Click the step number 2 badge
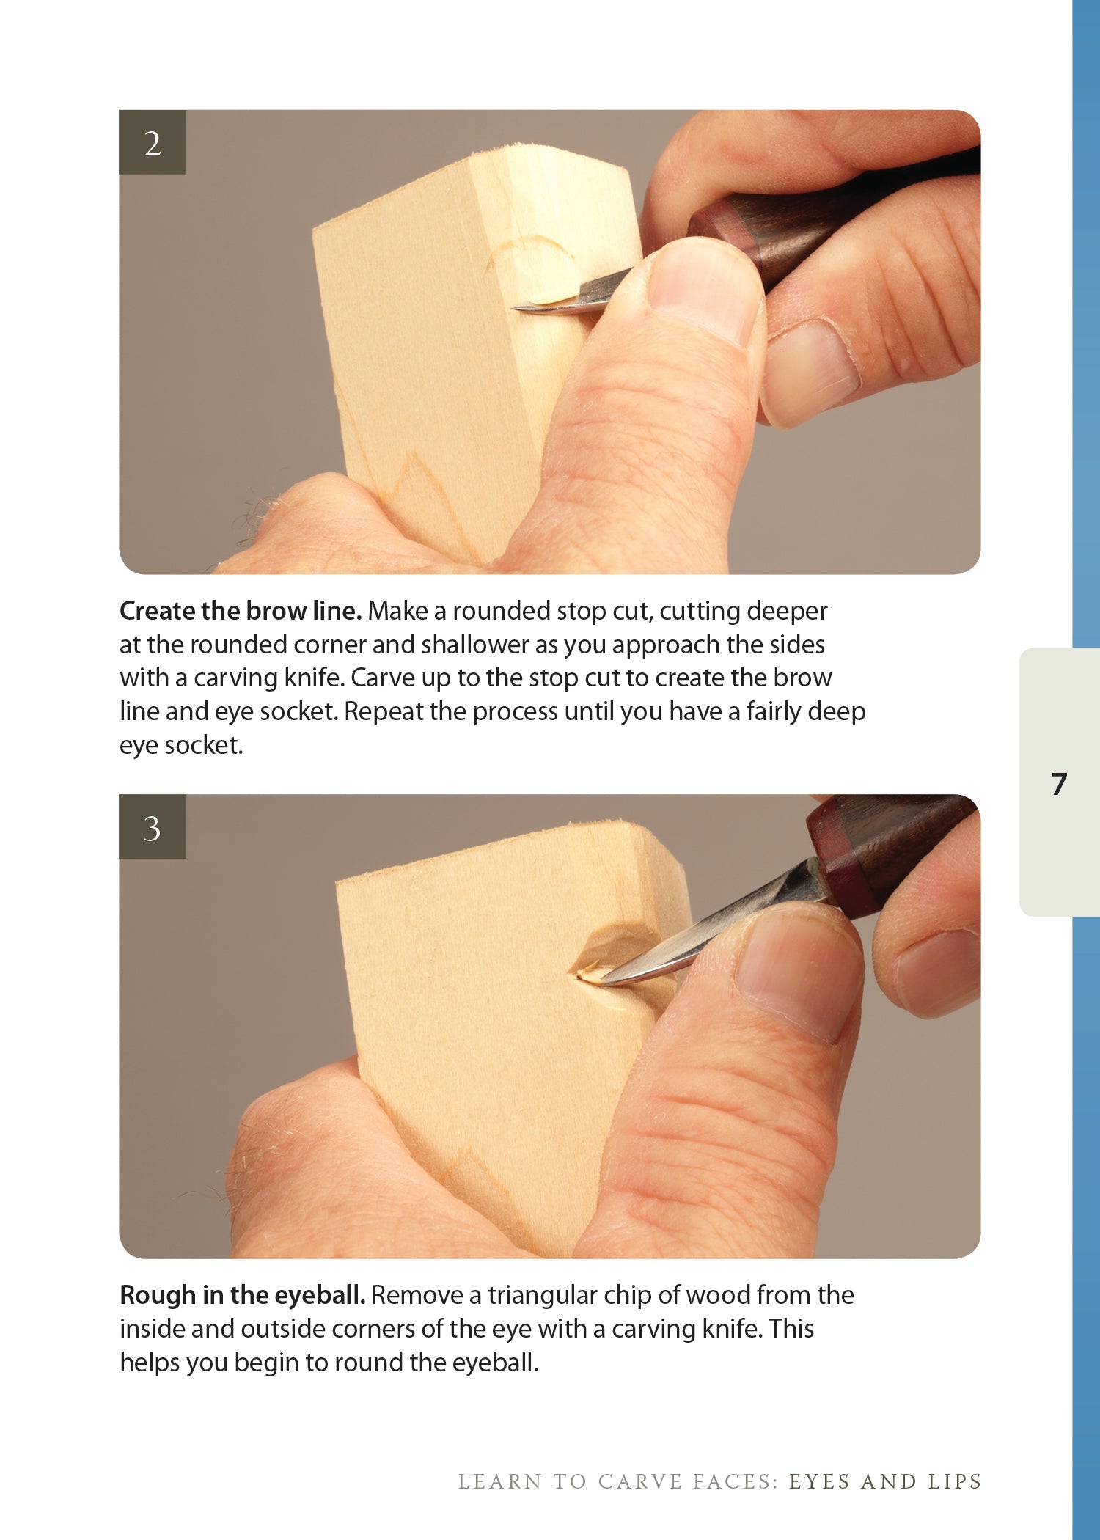coord(153,142)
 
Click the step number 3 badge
coord(153,826)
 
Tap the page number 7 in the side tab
coord(1058,784)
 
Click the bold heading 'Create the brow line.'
coord(241,611)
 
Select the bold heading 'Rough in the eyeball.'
coord(242,1295)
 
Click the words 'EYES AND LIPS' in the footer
coord(885,1482)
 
